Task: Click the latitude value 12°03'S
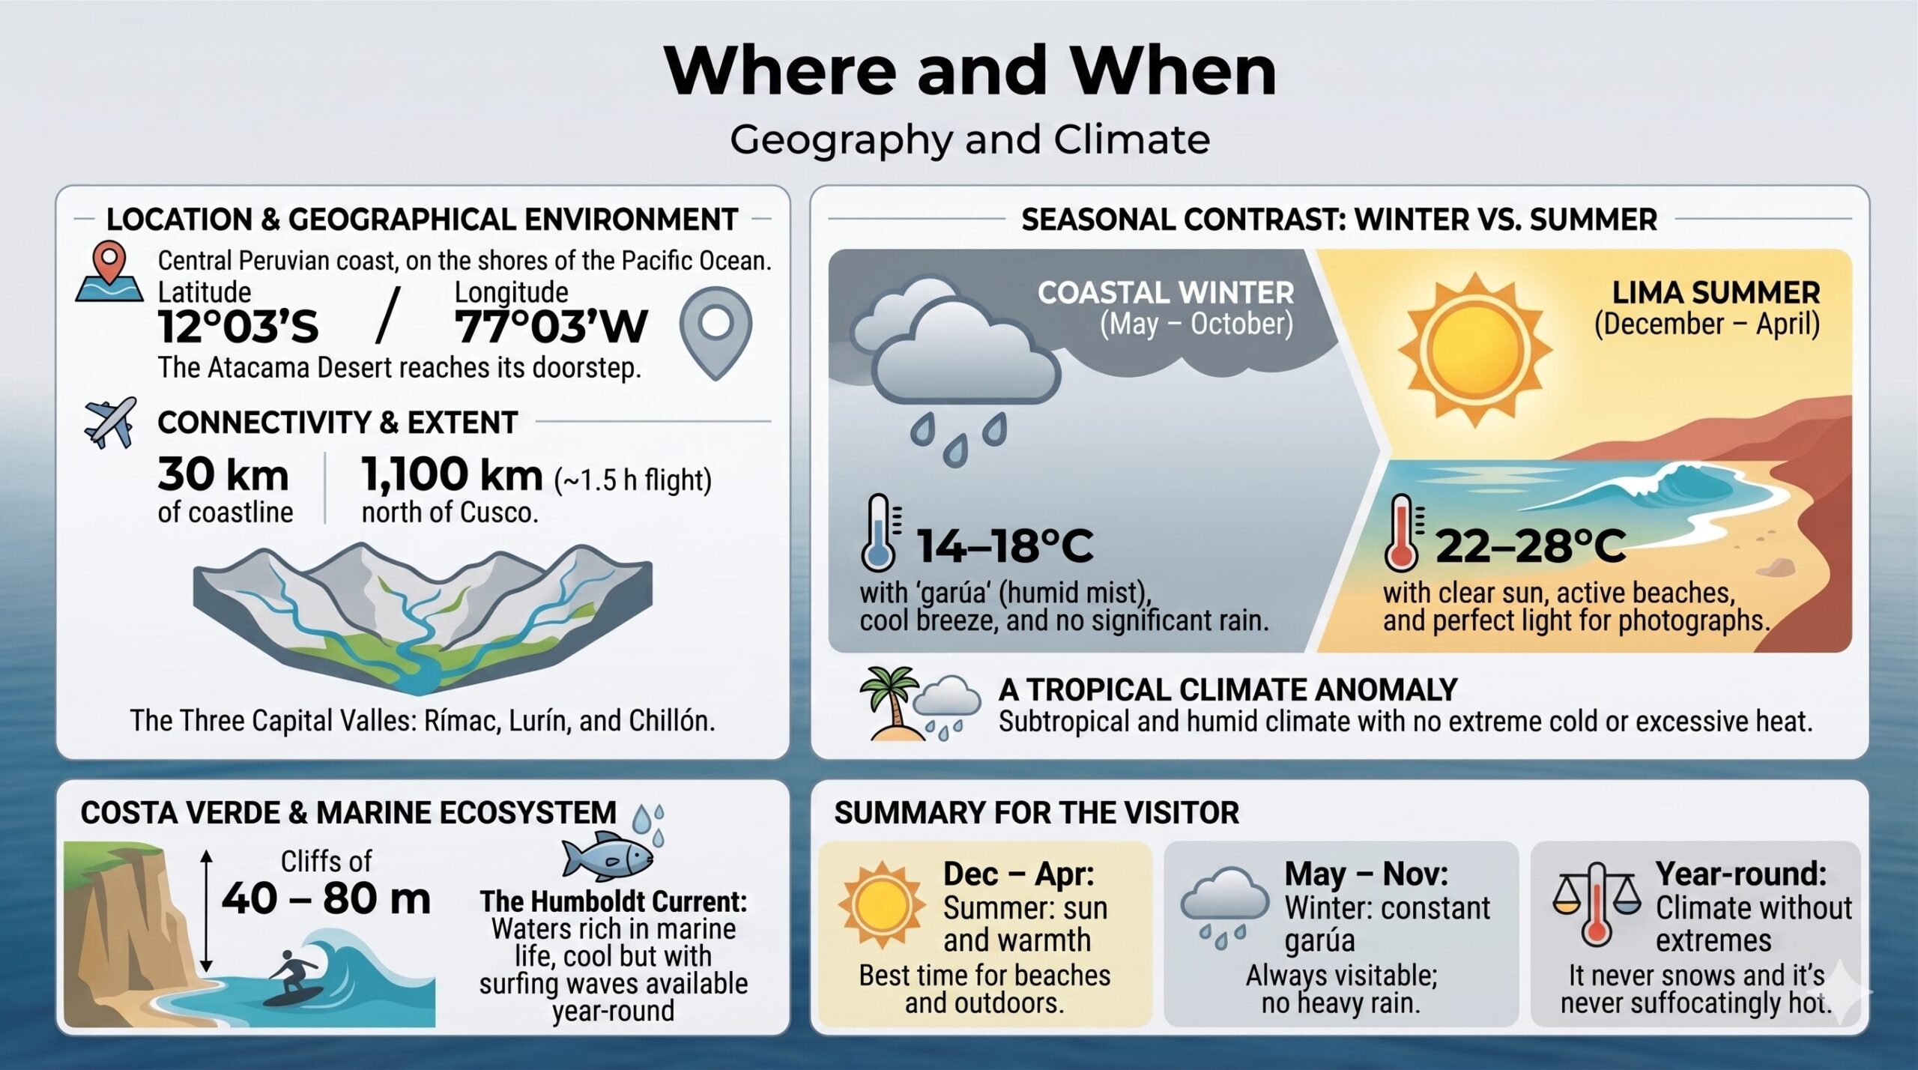(x=238, y=327)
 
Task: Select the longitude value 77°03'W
(x=551, y=327)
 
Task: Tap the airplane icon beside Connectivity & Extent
(x=111, y=423)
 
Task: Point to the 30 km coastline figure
(x=223, y=475)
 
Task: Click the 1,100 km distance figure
(x=452, y=475)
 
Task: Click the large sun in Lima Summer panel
(x=1474, y=350)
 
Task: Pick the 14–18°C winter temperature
(x=1005, y=545)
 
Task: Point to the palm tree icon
(x=889, y=701)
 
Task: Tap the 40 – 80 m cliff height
(x=326, y=898)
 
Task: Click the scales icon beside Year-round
(x=1597, y=904)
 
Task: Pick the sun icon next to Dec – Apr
(x=882, y=904)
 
